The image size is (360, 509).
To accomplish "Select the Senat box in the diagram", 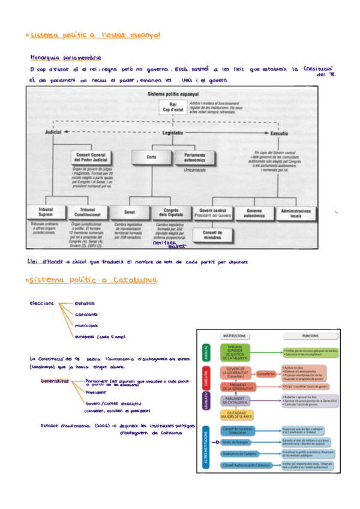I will coord(130,212).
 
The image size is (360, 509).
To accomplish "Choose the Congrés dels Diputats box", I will coord(171,212).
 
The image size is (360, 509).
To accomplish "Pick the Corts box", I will coord(151,157).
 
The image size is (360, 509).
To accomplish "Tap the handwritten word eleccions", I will coord(41,303).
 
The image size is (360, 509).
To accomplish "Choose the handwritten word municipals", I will coord(86,325).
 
